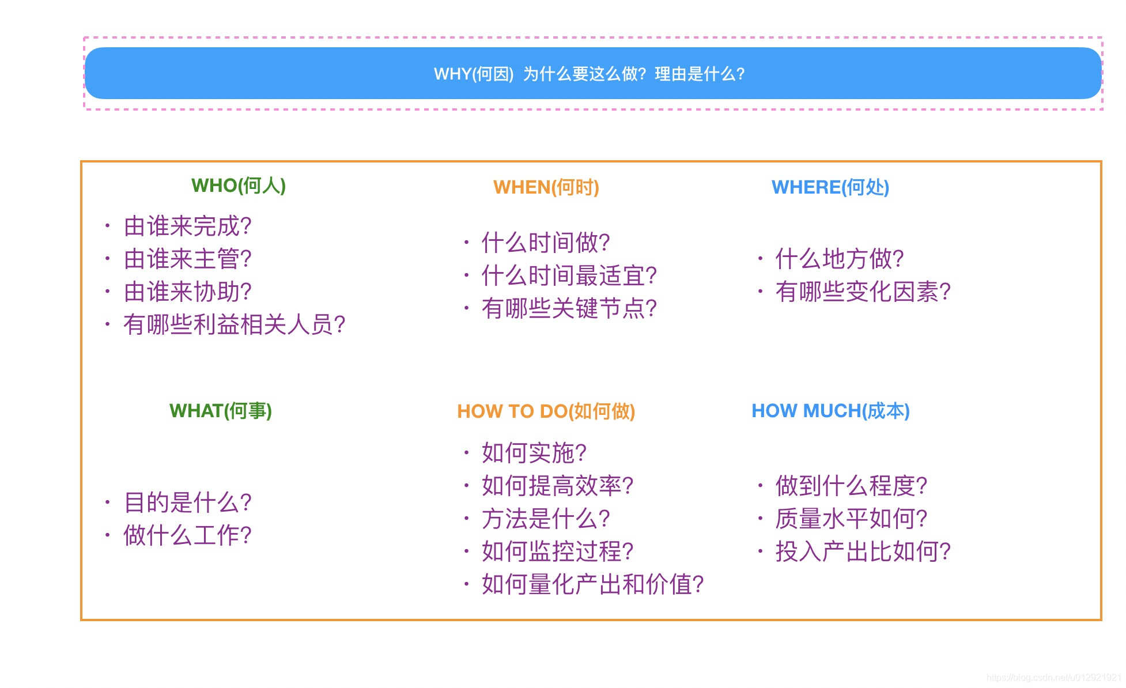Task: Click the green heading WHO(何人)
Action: pos(239,186)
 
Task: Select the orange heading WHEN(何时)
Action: pos(546,187)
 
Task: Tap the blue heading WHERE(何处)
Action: pos(830,187)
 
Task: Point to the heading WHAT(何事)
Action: pos(221,411)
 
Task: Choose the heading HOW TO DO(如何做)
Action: pos(546,411)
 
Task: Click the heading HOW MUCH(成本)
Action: pos(831,411)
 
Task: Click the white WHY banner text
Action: pos(590,74)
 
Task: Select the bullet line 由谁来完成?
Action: pos(188,226)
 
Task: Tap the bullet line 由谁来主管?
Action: pos(188,259)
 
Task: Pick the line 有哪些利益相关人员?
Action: pos(235,324)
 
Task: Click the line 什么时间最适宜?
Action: pos(569,275)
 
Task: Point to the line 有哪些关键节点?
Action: pos(569,308)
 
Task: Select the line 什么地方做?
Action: pos(840,259)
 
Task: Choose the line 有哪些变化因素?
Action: pos(863,292)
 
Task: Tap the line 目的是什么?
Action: pos(188,502)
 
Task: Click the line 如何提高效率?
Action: pos(558,486)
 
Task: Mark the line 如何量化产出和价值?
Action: pos(593,584)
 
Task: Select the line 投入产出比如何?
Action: pos(863,551)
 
